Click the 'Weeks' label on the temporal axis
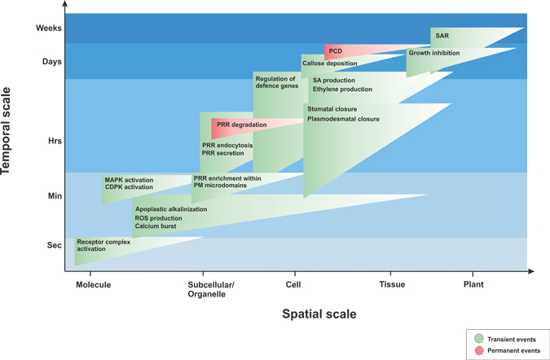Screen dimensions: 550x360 49,28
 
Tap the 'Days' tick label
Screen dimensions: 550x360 52,62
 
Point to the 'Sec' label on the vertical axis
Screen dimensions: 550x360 55,245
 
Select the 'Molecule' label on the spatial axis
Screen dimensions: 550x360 94,284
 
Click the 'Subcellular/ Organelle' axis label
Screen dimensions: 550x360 211,289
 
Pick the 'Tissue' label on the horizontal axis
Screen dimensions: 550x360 392,284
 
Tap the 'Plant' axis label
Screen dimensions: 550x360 473,284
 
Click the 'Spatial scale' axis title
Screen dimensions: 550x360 319,314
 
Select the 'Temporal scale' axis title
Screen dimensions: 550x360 6,131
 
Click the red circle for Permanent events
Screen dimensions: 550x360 479,350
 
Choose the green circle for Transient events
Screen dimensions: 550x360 479,339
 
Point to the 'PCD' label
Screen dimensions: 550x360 336,51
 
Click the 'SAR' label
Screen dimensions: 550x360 442,36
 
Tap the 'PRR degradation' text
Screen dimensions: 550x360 242,125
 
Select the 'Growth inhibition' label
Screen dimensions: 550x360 434,53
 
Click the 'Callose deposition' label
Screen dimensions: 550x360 330,64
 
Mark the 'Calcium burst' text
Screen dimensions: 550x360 156,226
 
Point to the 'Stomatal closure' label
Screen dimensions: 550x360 332,109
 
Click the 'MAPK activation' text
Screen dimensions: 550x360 129,180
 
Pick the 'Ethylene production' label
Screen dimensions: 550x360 342,90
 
